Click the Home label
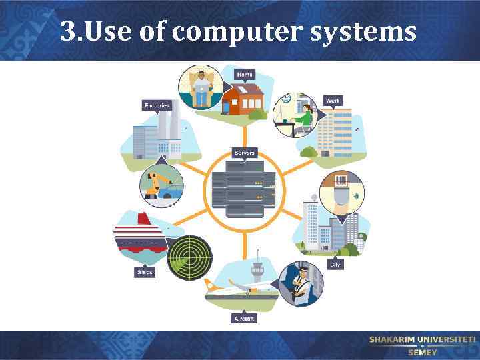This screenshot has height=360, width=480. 245,74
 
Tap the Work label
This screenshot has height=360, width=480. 333,101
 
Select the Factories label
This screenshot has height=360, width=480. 157,105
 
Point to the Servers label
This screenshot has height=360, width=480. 244,153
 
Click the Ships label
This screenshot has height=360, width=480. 145,272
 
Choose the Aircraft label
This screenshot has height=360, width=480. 243,319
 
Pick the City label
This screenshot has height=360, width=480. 335,265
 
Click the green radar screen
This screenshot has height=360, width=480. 189,257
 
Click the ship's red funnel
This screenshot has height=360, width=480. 142,219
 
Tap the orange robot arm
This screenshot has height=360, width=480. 155,183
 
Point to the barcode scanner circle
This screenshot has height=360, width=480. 342,193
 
